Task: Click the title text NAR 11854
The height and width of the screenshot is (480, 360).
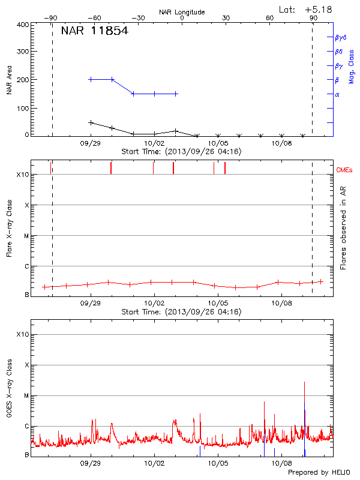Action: coord(94,31)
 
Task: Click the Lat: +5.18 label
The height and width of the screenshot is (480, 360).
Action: coord(305,9)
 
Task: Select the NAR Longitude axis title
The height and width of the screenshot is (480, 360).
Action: coord(182,12)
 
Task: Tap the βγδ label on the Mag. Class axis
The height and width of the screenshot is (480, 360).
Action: coord(340,37)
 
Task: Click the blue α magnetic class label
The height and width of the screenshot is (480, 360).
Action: coord(337,94)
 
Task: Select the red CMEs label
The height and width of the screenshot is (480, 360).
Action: coord(344,171)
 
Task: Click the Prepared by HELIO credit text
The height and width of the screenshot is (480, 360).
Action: coord(318,472)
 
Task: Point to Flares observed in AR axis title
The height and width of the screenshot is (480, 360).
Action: coord(343,227)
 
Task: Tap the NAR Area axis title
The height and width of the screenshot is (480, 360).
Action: coord(9,80)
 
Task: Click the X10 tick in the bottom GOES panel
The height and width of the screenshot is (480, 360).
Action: coord(23,334)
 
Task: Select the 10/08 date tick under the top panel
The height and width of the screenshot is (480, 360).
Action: coord(282,144)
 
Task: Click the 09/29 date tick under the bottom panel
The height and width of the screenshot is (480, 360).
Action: coord(90,464)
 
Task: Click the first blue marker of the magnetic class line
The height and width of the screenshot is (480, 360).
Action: coord(91,79)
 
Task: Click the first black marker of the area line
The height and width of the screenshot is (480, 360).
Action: coord(91,122)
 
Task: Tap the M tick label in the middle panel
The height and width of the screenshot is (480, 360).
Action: coord(25,236)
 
